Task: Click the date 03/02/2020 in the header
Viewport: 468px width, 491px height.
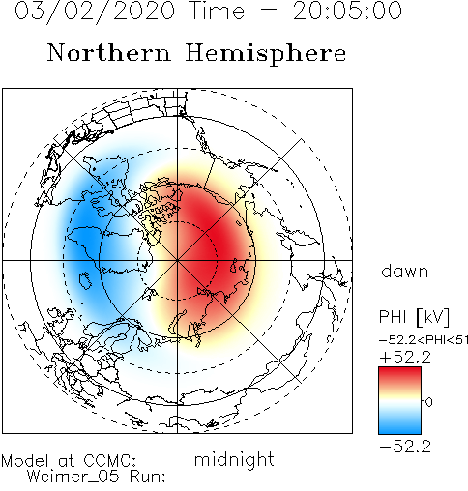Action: pos(95,12)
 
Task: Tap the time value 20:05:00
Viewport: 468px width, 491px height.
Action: pos(347,11)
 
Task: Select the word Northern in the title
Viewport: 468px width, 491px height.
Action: pos(109,53)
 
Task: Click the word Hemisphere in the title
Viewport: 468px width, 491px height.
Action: pos(266,53)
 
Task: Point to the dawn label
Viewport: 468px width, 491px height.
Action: pos(405,272)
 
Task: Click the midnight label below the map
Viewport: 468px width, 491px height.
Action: pos(234,459)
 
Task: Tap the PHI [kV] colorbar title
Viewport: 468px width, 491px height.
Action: pos(414,317)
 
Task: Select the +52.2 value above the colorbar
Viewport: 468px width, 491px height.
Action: pos(405,358)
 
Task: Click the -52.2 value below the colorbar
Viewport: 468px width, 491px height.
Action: pos(405,447)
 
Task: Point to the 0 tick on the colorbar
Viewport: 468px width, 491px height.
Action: pos(429,402)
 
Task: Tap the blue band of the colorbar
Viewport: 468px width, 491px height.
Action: pos(399,422)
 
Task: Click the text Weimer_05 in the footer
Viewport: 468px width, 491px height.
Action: pos(73,477)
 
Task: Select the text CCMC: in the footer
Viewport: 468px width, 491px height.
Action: pos(110,461)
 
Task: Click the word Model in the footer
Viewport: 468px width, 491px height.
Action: pos(25,461)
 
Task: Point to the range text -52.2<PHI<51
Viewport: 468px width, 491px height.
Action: pos(424,340)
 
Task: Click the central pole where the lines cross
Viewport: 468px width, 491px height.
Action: pos(177,260)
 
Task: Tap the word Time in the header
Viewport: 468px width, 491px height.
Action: pos(218,11)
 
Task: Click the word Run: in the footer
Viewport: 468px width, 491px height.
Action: pos(148,477)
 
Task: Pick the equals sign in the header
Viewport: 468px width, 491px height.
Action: pos(269,12)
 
